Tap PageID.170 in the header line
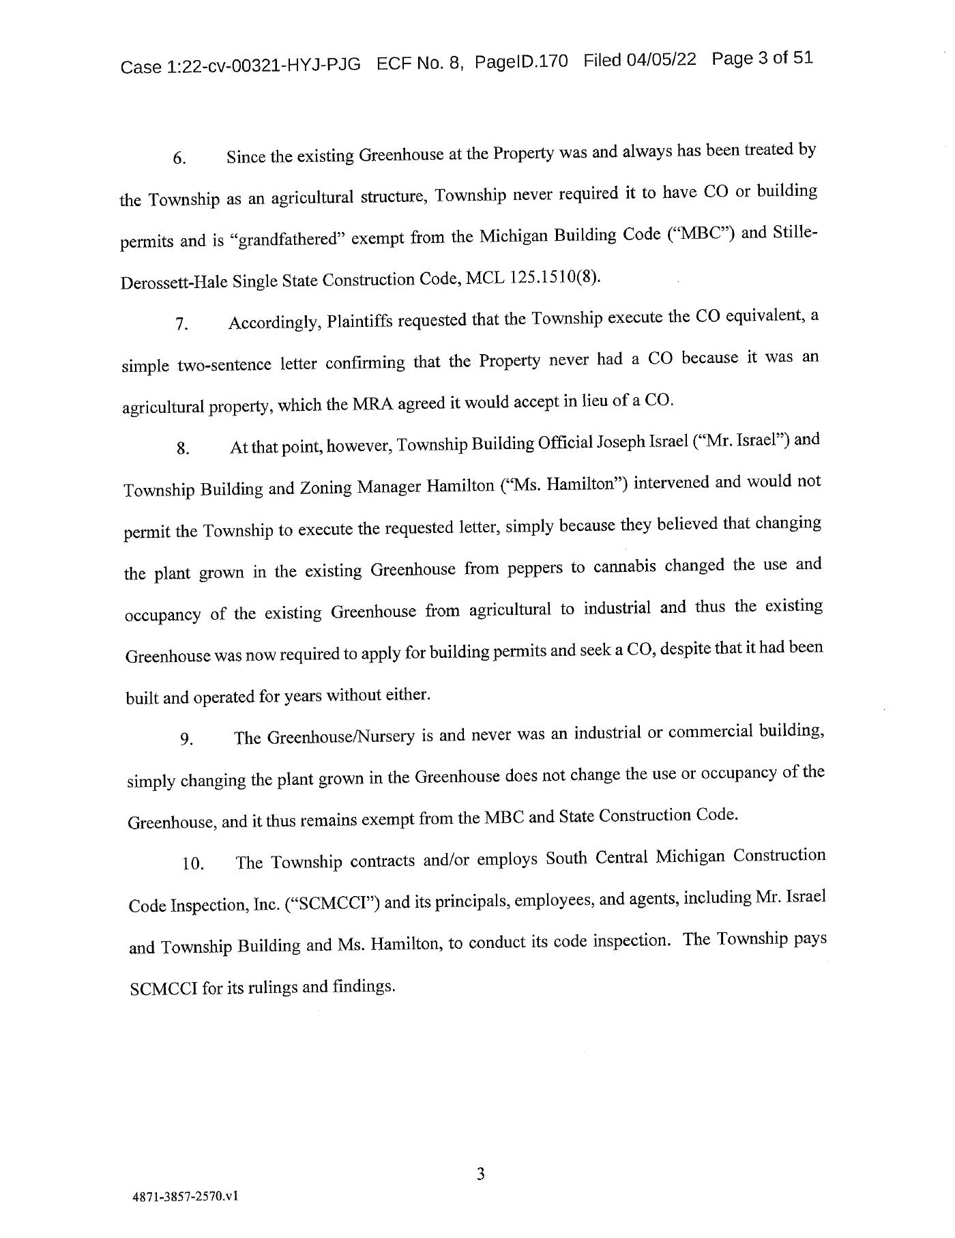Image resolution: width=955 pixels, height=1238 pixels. point(520,61)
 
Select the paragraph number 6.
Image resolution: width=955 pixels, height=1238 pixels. point(179,158)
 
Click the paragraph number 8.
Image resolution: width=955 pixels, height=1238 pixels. point(182,448)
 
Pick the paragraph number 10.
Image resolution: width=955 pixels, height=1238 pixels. point(193,863)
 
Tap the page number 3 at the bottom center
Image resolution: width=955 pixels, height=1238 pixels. point(480,1155)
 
